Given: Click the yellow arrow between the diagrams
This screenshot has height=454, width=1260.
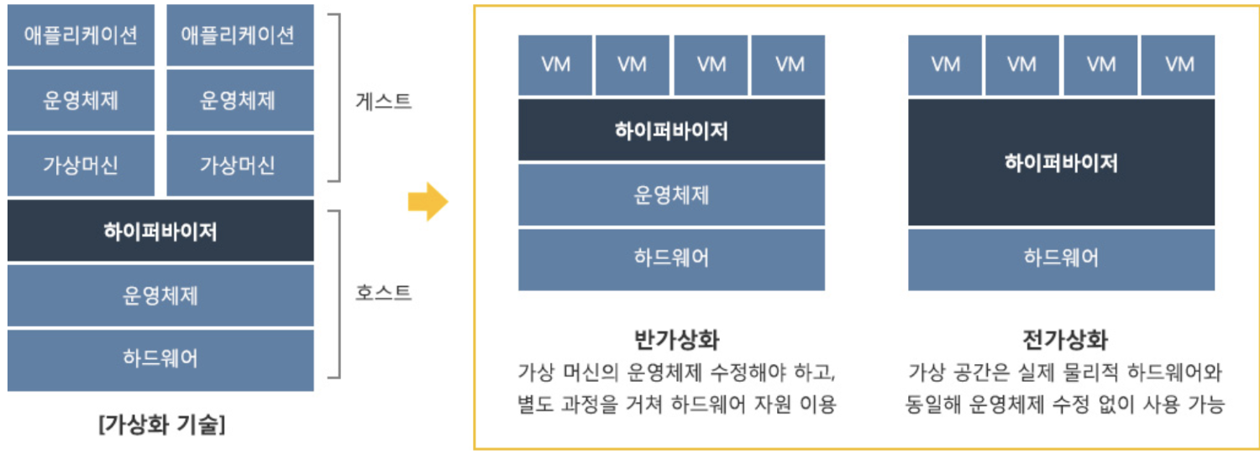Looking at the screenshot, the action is click(x=428, y=202).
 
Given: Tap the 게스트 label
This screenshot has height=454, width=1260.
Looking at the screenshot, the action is click(x=384, y=103).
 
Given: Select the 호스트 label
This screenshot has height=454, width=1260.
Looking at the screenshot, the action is click(x=384, y=293).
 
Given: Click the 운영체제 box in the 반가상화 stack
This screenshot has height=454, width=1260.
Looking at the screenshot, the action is click(x=671, y=195).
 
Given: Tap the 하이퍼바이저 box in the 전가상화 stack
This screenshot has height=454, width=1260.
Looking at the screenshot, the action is click(x=1061, y=162).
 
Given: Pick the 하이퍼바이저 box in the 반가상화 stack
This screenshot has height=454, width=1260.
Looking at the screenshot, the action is click(x=671, y=130).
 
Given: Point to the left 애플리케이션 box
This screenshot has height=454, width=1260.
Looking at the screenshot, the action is click(x=81, y=35).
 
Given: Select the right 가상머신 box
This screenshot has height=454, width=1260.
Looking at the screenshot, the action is click(x=239, y=165).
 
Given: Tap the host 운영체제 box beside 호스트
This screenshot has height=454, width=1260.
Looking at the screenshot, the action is click(x=160, y=295).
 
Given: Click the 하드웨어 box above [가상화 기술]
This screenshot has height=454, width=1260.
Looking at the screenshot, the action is click(x=160, y=359).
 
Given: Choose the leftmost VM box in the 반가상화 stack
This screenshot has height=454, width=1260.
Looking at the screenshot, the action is click(x=555, y=65).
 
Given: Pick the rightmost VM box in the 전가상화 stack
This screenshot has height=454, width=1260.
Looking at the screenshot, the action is click(x=1179, y=65).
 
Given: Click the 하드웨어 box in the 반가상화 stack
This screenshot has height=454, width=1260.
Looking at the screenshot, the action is click(x=671, y=258).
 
